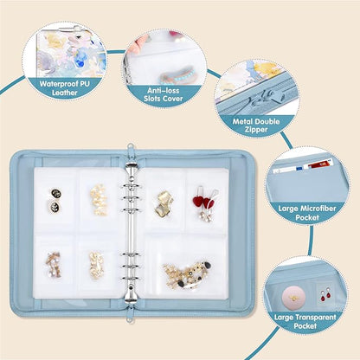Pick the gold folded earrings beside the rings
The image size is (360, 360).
coord(164,202)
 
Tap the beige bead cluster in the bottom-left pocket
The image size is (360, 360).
coord(55,261)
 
